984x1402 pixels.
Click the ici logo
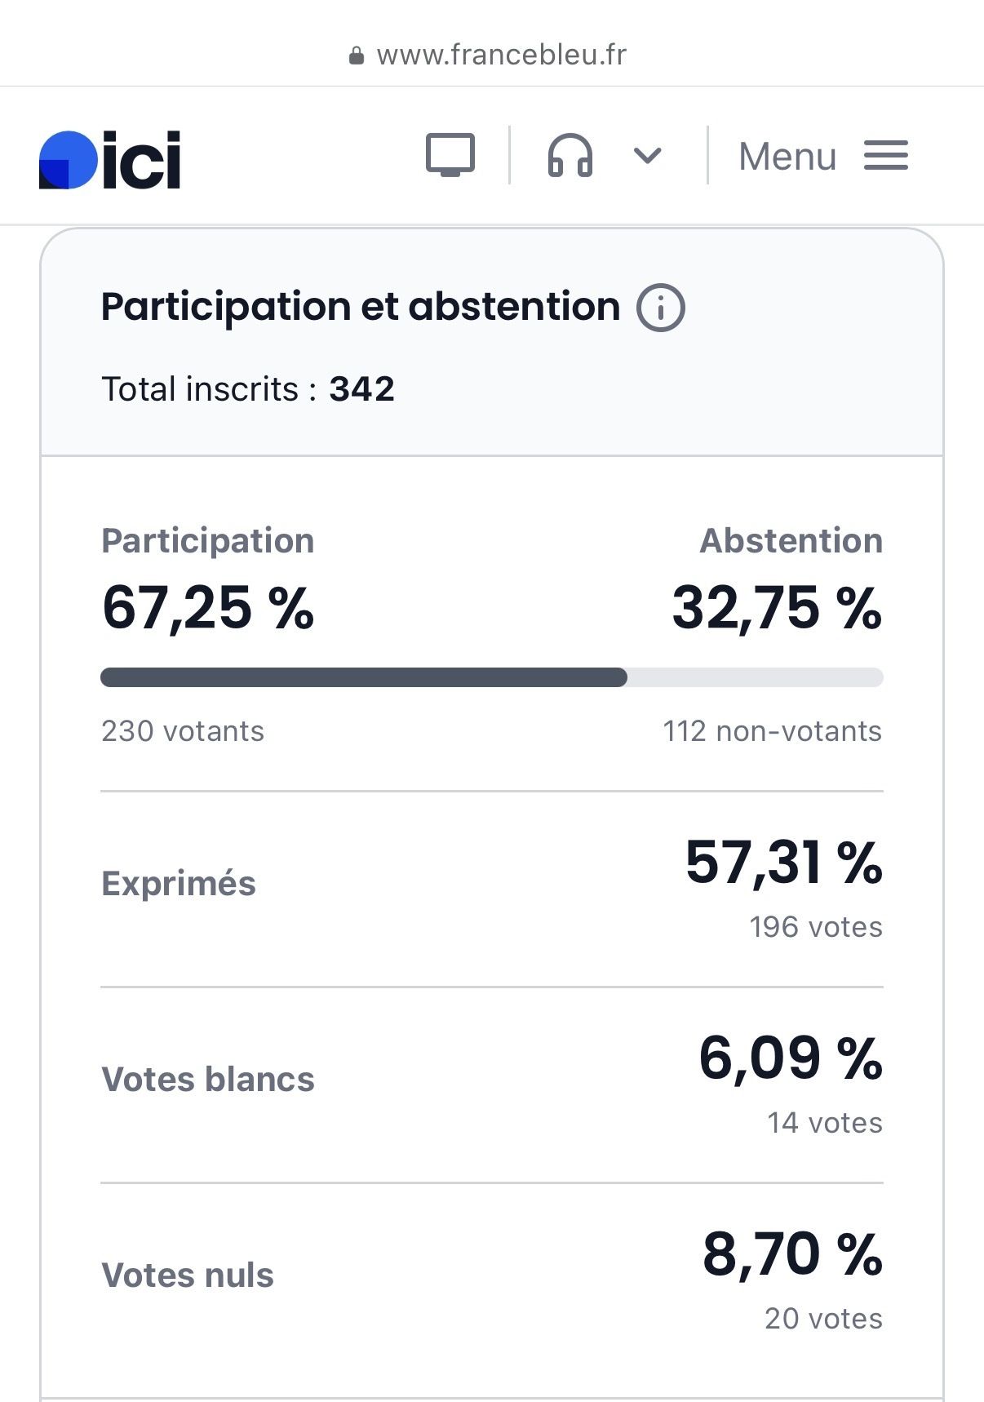coord(110,159)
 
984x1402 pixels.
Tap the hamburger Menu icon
coord(885,155)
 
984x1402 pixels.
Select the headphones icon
coord(570,155)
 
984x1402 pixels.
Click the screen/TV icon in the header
coord(450,154)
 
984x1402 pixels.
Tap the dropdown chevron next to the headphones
coord(647,155)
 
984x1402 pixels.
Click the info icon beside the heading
coord(660,308)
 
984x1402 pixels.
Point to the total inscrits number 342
coord(361,389)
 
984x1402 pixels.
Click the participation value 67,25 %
coord(208,608)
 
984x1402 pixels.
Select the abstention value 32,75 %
coord(776,608)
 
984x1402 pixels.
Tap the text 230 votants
coord(183,731)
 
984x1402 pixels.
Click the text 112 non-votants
coord(772,731)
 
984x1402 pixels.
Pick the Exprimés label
coord(179,884)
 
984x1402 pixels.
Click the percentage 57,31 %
coord(783,862)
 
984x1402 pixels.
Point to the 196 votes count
coord(815,927)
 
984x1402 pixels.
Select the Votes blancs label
coord(208,1080)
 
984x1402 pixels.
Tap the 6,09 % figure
coord(790,1058)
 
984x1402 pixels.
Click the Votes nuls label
coord(188,1276)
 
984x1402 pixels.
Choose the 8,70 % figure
coord(791,1253)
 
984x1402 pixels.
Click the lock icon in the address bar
coord(356,55)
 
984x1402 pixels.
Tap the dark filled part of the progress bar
coord(363,677)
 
